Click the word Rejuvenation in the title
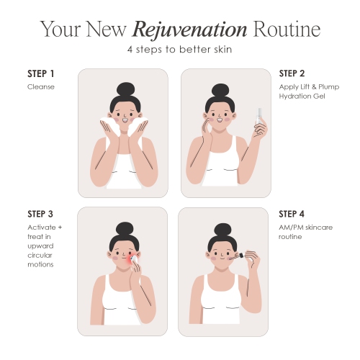point(189,30)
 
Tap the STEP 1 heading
point(41,73)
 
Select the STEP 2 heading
point(292,73)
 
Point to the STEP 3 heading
point(40,214)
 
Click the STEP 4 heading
point(292,214)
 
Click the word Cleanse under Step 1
point(41,86)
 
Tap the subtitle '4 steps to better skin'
point(179,50)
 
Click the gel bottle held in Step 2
point(259,117)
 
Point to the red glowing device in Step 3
point(132,260)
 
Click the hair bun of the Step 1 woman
point(125,90)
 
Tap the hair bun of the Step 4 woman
point(222,231)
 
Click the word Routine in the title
point(287,29)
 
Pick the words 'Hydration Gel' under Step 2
point(302,96)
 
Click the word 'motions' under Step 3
point(40,264)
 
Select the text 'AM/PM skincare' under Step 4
point(306,228)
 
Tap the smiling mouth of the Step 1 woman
point(125,120)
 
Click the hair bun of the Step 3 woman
point(125,230)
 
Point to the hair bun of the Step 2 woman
point(220,91)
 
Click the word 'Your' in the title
point(60,29)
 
